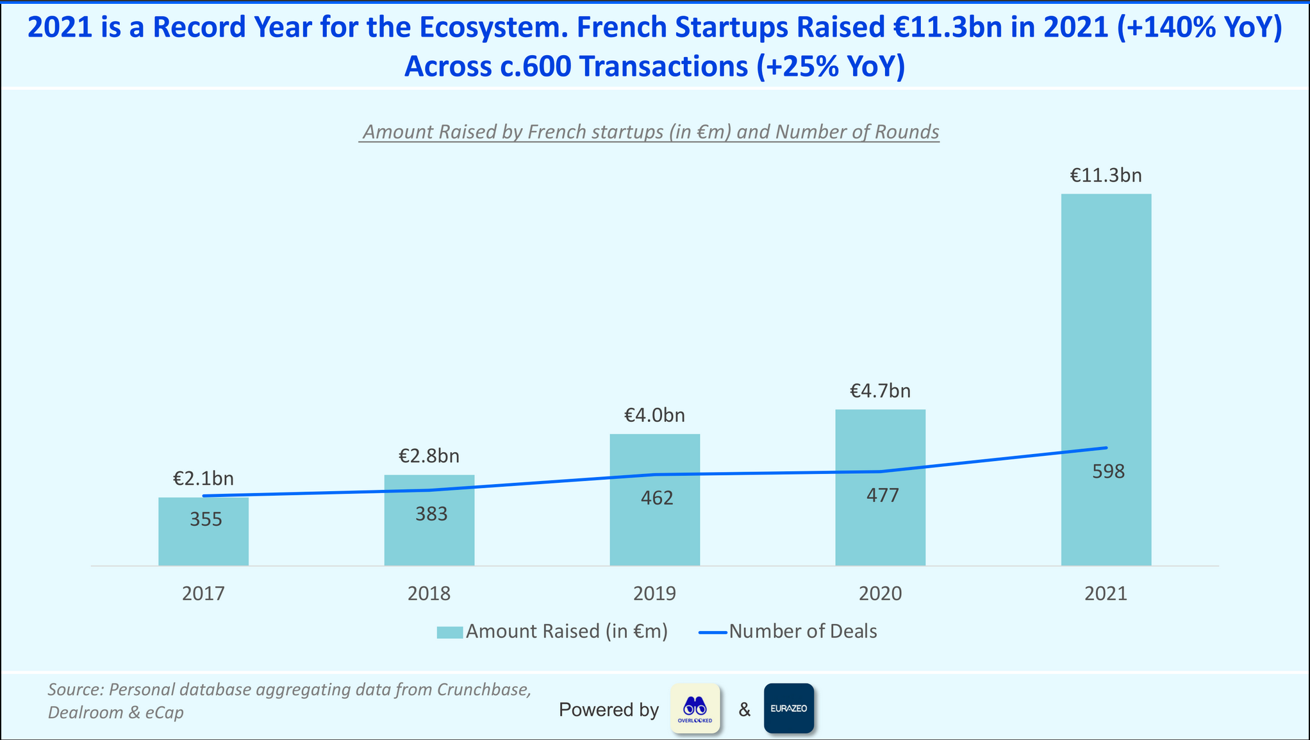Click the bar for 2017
tap(203, 542)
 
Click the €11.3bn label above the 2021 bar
tap(1106, 175)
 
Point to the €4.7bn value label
tap(880, 391)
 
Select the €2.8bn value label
tap(429, 456)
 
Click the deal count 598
tap(1108, 472)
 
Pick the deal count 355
tap(206, 519)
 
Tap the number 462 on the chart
tap(657, 498)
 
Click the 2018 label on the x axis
tap(429, 593)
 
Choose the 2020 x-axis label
tap(880, 593)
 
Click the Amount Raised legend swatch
tap(449, 632)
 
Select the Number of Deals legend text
tap(802, 632)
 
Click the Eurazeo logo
tap(788, 708)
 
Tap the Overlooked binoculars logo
tap(695, 708)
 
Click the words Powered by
tap(608, 710)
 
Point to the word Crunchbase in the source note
tap(484, 689)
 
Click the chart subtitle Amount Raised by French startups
tap(649, 132)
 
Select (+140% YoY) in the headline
tap(1199, 28)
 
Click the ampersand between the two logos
tap(744, 709)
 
